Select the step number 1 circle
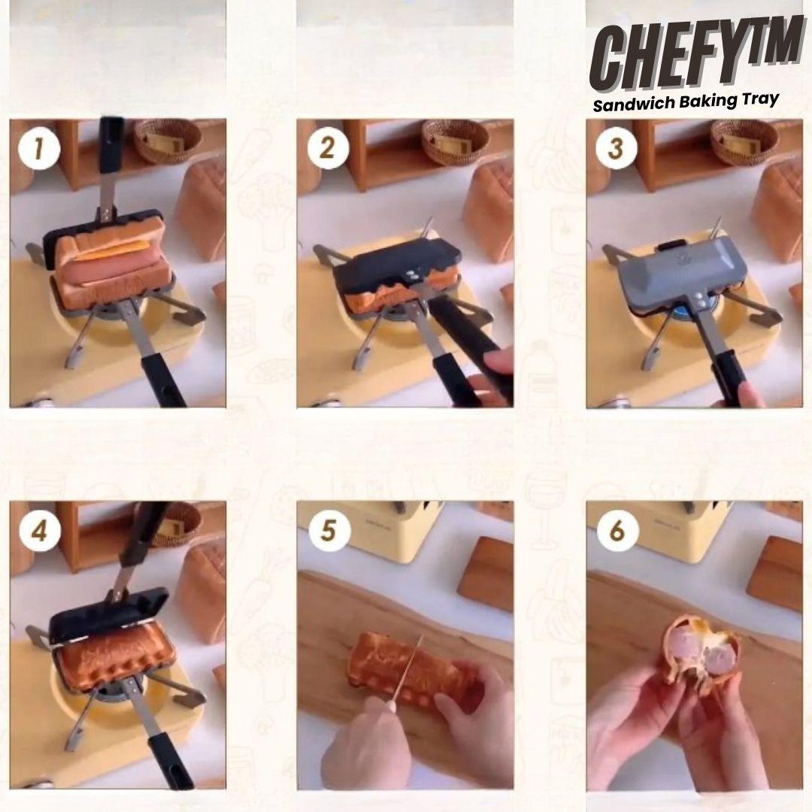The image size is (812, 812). coord(39,149)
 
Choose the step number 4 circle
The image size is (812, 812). coord(39,531)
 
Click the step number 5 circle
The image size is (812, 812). coord(329,531)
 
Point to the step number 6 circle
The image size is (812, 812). coord(617,531)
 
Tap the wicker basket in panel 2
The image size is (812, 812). coord(455,141)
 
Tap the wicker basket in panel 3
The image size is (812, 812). coord(744,141)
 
